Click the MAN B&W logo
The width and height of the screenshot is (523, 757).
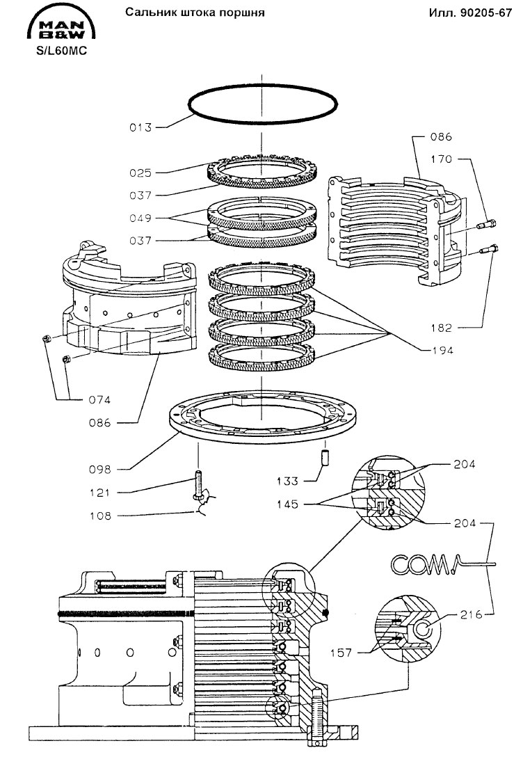[x=61, y=24]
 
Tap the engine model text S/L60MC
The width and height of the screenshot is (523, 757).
[x=62, y=51]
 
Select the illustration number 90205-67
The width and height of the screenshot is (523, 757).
[x=486, y=13]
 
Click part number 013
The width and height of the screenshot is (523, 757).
[x=140, y=127]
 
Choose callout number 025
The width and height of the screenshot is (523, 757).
[x=140, y=173]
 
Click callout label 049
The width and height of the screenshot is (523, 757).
[x=140, y=218]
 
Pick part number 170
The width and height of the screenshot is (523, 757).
[x=442, y=159]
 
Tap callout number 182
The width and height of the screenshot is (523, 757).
[x=442, y=328]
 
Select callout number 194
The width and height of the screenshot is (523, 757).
[x=442, y=351]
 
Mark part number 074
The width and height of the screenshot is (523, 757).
[x=99, y=400]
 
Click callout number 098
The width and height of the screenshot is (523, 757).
[x=100, y=470]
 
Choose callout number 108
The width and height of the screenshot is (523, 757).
[x=100, y=516]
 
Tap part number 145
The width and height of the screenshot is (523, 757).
[x=287, y=504]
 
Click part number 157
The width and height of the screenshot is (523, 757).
[x=341, y=653]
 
